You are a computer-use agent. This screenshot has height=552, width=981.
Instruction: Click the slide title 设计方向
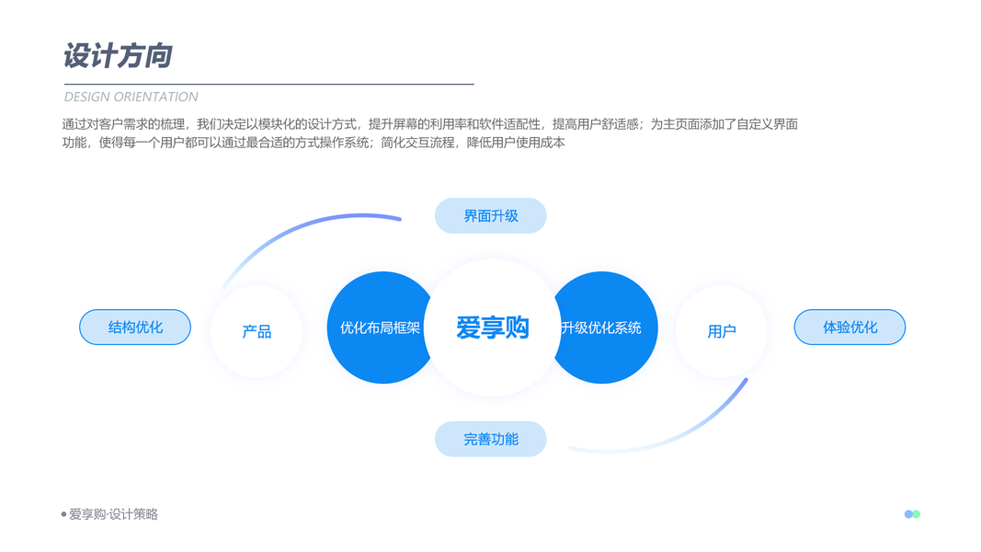pyautogui.click(x=118, y=56)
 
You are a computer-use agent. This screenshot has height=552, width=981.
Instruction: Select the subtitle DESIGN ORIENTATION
pyautogui.click(x=131, y=97)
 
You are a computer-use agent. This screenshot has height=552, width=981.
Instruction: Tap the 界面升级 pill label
pyautogui.click(x=490, y=216)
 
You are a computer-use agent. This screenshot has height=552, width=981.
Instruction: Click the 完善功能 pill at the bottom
pyautogui.click(x=490, y=440)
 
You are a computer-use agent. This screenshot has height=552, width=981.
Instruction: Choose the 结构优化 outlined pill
pyautogui.click(x=135, y=328)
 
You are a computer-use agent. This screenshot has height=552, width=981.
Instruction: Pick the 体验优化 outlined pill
pyautogui.click(x=850, y=328)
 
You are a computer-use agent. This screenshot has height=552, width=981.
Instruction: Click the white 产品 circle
pyautogui.click(x=257, y=331)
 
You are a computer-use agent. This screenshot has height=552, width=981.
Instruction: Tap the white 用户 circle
pyautogui.click(x=722, y=331)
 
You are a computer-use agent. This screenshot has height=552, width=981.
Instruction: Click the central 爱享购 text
pyautogui.click(x=493, y=328)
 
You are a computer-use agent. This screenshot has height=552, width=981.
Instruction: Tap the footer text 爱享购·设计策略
pyautogui.click(x=113, y=514)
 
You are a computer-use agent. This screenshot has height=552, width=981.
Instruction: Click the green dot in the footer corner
pyautogui.click(x=917, y=514)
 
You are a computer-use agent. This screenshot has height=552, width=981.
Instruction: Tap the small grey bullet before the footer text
pyautogui.click(x=64, y=514)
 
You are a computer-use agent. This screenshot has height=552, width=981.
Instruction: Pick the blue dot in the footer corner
pyautogui.click(x=908, y=514)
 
